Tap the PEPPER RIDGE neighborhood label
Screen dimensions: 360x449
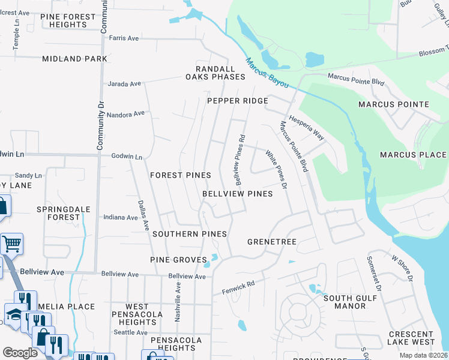[238, 101]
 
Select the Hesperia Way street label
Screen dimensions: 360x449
[307, 128]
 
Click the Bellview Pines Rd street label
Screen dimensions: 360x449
[240, 159]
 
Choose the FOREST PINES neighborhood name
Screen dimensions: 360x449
[180, 175]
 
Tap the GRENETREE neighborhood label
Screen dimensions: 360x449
[272, 242]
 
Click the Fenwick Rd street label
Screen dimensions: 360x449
[238, 284]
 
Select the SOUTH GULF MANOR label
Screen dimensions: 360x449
[345, 302]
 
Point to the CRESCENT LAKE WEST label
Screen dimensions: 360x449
[411, 338]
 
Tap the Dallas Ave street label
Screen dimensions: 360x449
[144, 216]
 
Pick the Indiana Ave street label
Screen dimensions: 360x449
[121, 217]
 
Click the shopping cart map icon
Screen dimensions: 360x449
[11, 243]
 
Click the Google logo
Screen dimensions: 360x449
[20, 352]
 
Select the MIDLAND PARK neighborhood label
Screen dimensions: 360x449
[75, 59]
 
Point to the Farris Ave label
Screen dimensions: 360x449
[124, 38]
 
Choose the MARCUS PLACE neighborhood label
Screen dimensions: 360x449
[413, 155]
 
